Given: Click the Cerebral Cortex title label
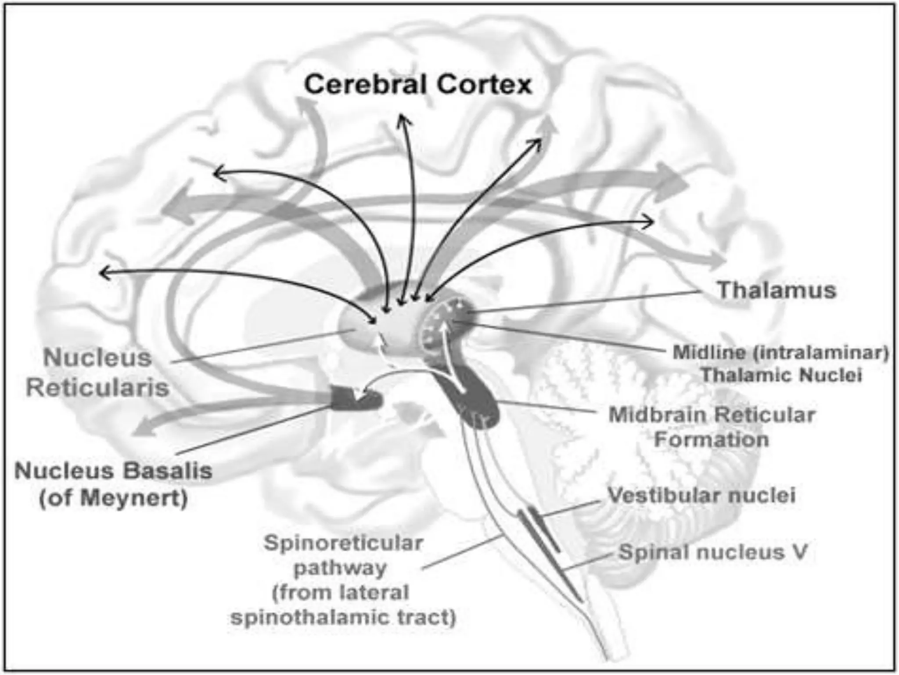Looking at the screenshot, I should click(x=418, y=84).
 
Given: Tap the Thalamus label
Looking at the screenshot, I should click(x=777, y=290).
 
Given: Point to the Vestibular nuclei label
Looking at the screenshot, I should click(x=701, y=495).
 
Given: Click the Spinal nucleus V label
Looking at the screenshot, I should click(x=713, y=552).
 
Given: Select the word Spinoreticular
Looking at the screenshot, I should click(x=343, y=543).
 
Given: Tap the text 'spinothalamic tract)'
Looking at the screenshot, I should click(x=343, y=617).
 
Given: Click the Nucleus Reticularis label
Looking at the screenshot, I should click(x=97, y=372).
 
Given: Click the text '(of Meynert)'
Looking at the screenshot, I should click(x=113, y=498).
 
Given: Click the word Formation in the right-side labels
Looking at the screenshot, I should click(x=711, y=439).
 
